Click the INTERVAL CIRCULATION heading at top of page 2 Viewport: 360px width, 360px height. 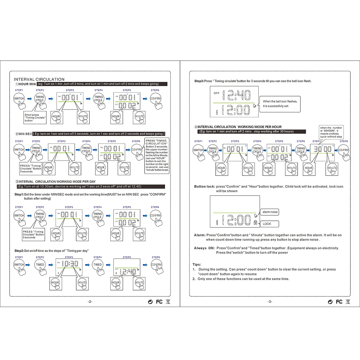click(39, 79)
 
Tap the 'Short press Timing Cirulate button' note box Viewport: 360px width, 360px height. click(35, 118)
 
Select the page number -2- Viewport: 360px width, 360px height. click(90, 302)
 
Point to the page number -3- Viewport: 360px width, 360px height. click(270, 302)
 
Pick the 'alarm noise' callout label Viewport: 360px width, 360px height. click(270, 212)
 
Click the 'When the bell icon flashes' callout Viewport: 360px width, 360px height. click(280, 104)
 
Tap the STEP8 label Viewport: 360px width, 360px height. click(343, 141)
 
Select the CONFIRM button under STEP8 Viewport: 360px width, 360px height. click(343, 150)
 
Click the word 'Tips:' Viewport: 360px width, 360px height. click(197, 265)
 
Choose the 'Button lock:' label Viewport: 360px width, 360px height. click(205, 187)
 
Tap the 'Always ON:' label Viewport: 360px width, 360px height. click(204, 248)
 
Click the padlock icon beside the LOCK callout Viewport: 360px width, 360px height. click(255, 223)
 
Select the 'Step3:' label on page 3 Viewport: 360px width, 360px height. click(199, 81)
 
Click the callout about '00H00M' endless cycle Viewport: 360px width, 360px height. click(331, 132)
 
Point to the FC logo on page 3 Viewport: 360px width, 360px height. click(339, 302)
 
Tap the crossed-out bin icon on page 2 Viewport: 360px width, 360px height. click(168, 302)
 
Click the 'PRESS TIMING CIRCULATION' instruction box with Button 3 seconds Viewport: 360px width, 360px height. click(157, 155)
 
